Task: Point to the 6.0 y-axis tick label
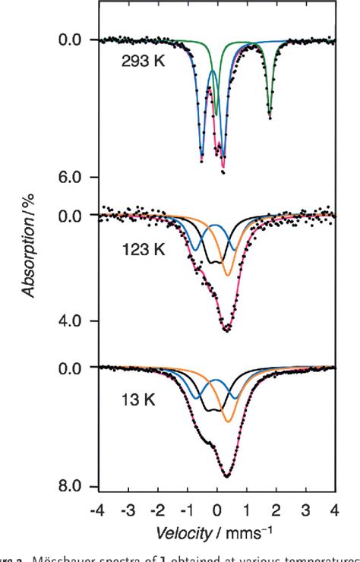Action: [77, 178]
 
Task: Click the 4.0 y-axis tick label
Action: [77, 321]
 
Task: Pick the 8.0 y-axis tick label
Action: [77, 487]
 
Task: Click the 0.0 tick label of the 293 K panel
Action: [77, 39]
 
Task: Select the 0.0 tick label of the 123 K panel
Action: [77, 216]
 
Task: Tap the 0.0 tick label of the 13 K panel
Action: [77, 368]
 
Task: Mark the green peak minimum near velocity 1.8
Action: [270, 115]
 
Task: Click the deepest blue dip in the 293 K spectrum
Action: [201, 159]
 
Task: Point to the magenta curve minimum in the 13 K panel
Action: [226, 476]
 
